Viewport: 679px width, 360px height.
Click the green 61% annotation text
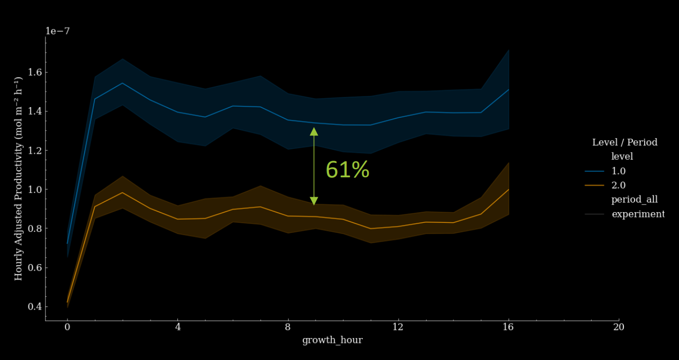tap(347, 170)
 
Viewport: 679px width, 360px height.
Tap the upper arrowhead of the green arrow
tap(314, 131)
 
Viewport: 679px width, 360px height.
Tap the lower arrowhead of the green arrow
tap(314, 201)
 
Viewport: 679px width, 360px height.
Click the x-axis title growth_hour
tap(332, 340)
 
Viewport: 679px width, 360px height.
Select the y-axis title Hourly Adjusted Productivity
tap(19, 178)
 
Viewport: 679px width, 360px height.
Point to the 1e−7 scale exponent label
tap(57, 31)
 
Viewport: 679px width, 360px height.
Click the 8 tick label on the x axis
tap(288, 327)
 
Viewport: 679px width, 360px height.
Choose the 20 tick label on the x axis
tap(618, 327)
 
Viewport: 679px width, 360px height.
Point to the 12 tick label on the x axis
tap(398, 327)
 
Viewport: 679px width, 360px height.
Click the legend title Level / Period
tap(624, 142)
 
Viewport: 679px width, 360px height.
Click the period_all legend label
tap(635, 200)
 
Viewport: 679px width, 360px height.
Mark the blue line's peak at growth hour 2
tap(122, 83)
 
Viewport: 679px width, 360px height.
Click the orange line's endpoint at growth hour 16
tap(508, 190)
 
